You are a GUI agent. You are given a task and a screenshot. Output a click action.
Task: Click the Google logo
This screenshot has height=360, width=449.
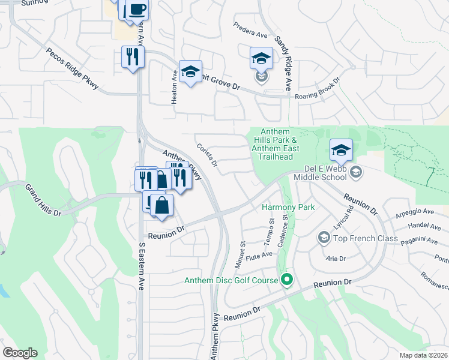coord(20,353)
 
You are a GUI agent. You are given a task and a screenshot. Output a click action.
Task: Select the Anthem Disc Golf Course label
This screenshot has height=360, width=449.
coord(231,280)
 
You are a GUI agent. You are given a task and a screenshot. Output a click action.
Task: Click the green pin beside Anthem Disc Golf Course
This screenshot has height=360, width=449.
coord(287,280)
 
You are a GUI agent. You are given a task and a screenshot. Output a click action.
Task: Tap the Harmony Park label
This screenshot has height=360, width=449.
coord(288,207)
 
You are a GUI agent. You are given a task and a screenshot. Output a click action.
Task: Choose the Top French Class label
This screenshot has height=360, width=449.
coord(366,238)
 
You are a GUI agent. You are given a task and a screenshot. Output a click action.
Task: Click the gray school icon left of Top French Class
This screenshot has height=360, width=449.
coord(324,239)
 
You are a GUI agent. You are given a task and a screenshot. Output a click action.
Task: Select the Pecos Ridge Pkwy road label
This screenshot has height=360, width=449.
coord(75,70)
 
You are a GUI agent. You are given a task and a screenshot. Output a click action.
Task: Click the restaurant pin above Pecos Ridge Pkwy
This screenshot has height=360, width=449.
coord(133,57)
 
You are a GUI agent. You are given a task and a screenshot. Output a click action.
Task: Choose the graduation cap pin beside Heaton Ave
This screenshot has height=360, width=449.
coord(190,73)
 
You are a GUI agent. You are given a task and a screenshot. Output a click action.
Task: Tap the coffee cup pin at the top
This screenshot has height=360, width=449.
coord(137,10)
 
